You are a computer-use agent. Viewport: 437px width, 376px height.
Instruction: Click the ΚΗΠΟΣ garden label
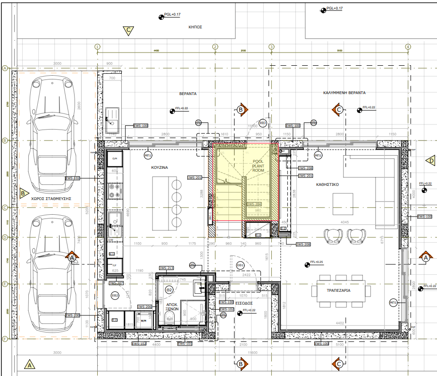click(x=195, y=27)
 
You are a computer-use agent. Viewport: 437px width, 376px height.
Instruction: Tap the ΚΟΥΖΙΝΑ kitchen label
click(x=160, y=167)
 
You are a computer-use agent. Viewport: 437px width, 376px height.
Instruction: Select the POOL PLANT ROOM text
click(x=258, y=166)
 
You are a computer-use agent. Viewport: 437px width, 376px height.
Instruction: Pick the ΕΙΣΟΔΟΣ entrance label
click(x=244, y=303)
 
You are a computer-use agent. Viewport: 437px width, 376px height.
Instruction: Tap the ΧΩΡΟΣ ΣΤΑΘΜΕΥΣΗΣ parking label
click(x=51, y=199)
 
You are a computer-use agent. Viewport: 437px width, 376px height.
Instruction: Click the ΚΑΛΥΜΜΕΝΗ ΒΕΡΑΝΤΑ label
click(x=344, y=93)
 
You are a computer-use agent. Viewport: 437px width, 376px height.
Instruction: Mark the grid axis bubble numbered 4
click(x=408, y=47)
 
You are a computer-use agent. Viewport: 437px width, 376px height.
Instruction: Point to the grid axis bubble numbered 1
click(x=97, y=47)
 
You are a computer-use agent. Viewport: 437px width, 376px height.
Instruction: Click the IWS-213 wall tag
click(x=166, y=268)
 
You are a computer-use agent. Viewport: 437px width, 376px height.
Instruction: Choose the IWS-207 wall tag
click(x=116, y=283)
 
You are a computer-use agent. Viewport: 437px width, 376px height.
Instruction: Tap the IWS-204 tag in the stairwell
click(x=254, y=204)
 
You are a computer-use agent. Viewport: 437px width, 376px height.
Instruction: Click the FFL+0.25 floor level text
click(x=317, y=262)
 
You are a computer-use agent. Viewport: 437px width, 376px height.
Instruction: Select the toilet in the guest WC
click(x=170, y=317)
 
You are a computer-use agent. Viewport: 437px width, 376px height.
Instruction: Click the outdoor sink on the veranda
click(x=113, y=121)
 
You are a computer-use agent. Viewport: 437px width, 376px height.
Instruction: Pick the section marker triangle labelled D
click(x=431, y=161)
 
